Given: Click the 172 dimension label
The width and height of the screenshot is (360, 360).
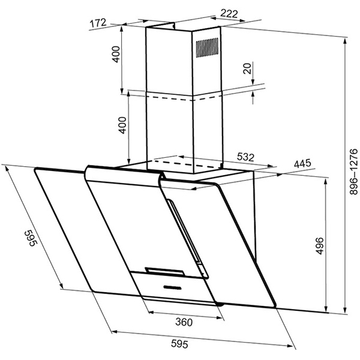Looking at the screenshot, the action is pos(98,23).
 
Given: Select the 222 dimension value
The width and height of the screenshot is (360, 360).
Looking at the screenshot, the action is pos(229,14).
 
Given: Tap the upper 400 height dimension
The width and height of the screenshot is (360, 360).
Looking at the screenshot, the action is pos(116,54).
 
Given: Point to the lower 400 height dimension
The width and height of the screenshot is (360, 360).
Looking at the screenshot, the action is pos(123,125).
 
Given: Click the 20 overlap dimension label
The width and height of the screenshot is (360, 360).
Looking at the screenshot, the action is pos(247,68).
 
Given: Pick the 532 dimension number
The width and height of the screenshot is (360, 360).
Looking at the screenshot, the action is pos(245,157).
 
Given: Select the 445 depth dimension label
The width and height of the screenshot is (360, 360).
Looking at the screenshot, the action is pos(302,163).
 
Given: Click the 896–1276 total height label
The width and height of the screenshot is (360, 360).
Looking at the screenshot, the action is pos(353,172).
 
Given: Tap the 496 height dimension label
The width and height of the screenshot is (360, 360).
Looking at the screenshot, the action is pos(320,246).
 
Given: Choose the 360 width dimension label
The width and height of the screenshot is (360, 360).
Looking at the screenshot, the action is pos(184,322).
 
